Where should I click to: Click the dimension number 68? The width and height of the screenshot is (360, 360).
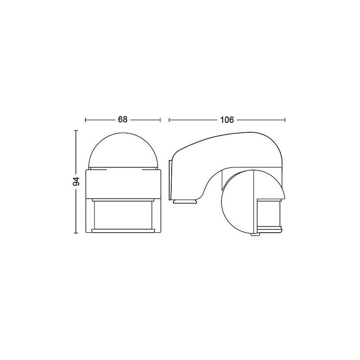[x=122, y=120]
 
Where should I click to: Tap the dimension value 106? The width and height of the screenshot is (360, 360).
[x=227, y=120]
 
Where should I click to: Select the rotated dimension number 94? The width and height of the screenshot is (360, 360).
[x=76, y=182]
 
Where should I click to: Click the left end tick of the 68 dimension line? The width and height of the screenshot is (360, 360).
[x=85, y=120]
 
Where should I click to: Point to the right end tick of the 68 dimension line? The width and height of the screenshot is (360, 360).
[x=160, y=120]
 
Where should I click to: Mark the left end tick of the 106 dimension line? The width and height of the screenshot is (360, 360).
[x=169, y=120]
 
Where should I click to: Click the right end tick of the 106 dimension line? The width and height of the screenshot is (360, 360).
[x=285, y=120]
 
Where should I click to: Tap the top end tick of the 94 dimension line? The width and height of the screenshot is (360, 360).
[x=76, y=131]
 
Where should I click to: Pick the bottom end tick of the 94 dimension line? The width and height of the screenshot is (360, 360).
[x=76, y=233]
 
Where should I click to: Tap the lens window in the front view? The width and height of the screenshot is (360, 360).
[x=123, y=214]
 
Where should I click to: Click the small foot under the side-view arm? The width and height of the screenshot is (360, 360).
[x=185, y=202]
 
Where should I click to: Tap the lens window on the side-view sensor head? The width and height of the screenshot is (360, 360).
[x=269, y=213]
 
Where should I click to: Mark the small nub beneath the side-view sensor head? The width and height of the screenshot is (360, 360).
[x=255, y=235]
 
